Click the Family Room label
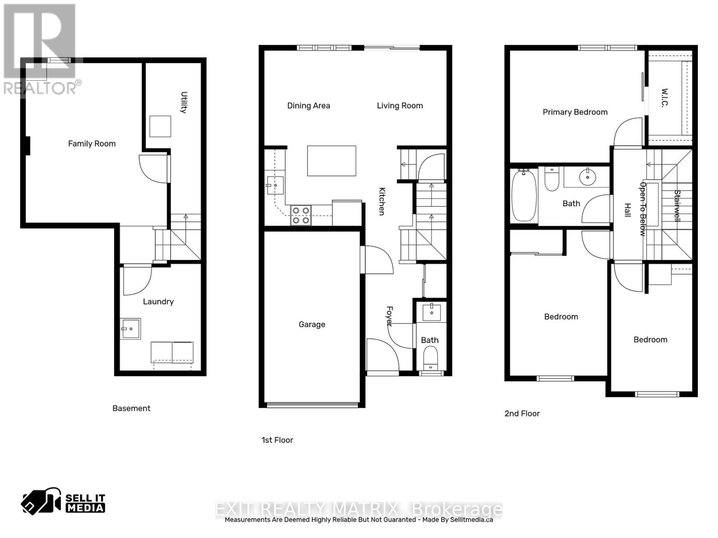click(x=92, y=143)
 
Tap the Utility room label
click(x=184, y=102)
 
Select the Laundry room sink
click(x=130, y=329)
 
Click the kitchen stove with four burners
click(x=301, y=215)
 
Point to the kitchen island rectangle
click(x=332, y=161)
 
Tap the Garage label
click(x=312, y=324)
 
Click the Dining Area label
click(x=308, y=106)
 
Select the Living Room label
click(x=399, y=106)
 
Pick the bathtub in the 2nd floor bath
click(x=524, y=195)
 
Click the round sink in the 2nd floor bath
click(x=587, y=178)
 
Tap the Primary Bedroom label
click(x=575, y=112)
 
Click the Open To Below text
click(x=643, y=209)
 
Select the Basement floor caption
click(x=131, y=408)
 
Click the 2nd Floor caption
click(x=522, y=414)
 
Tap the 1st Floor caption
click(x=277, y=440)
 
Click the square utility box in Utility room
click(x=160, y=126)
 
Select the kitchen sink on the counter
click(x=275, y=185)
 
